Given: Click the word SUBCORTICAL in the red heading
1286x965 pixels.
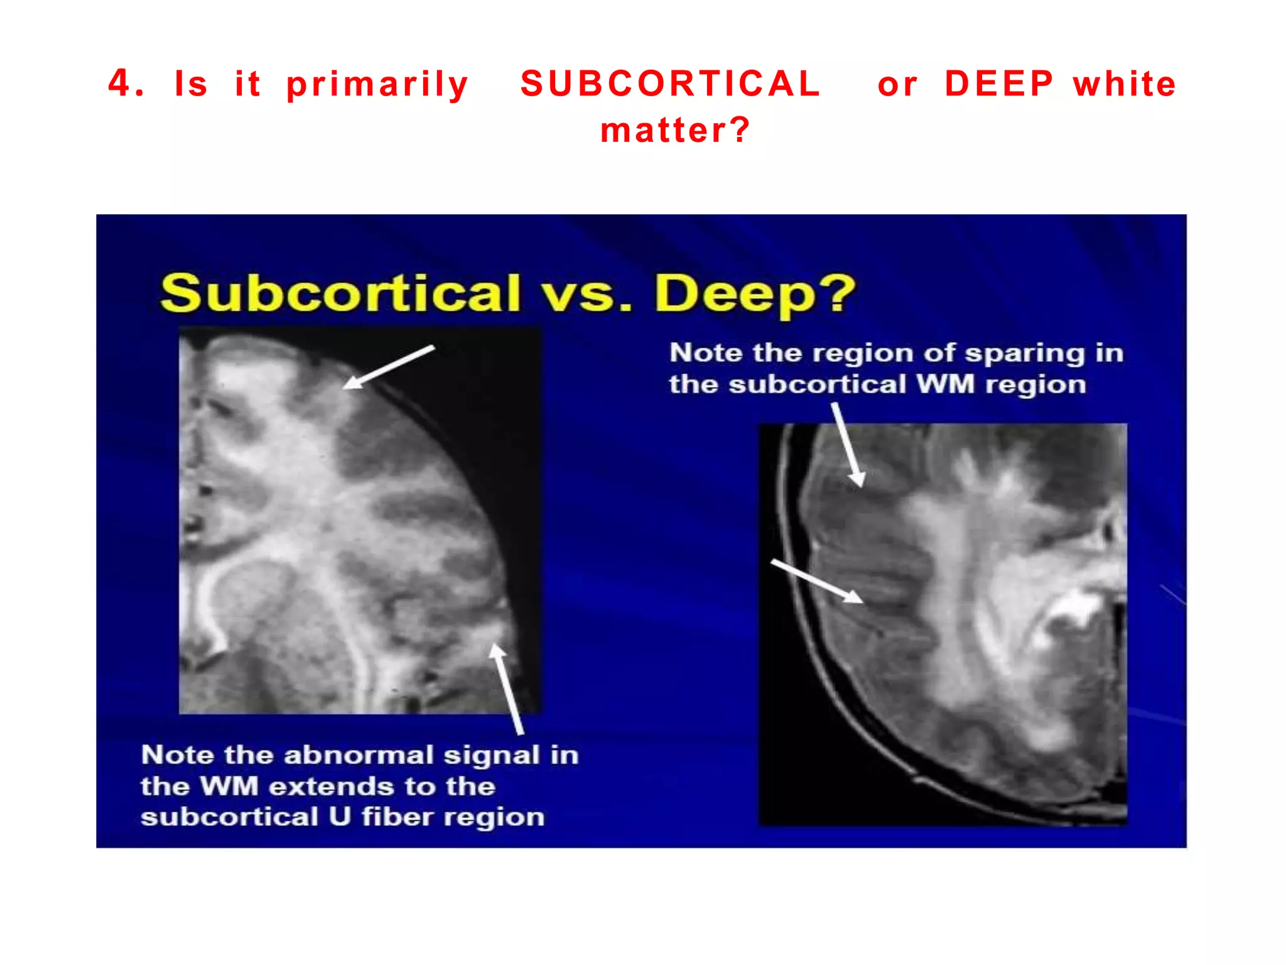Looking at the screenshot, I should (x=670, y=84).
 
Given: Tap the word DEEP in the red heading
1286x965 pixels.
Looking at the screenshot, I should (x=999, y=84).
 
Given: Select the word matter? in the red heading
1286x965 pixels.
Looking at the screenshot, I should (x=675, y=131).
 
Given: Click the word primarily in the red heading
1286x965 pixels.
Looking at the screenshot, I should (x=377, y=85).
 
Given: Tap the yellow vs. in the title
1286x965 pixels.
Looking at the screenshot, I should (x=587, y=295).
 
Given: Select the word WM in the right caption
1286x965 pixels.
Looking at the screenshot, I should (x=944, y=384).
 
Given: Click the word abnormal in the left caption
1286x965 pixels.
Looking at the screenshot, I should (x=359, y=755).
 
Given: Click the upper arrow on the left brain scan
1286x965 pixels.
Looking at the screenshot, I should (x=389, y=367).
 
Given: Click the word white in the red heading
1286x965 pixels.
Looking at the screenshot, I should (x=1124, y=84).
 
